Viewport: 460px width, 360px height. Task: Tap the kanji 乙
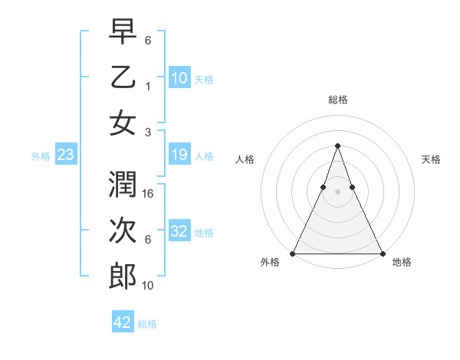(123, 77)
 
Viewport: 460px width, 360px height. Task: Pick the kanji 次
(123, 231)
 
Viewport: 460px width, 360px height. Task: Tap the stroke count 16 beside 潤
(149, 195)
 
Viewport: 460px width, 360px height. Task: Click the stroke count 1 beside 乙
(147, 85)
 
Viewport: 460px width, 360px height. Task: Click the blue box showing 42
(123, 323)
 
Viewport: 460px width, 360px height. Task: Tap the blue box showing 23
(65, 156)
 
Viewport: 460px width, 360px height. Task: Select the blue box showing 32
(179, 232)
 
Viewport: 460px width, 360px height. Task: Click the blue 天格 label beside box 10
(204, 80)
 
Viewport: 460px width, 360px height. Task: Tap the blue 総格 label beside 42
(147, 324)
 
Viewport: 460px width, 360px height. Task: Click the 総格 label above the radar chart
(337, 100)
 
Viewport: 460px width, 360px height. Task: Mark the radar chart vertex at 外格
(293, 254)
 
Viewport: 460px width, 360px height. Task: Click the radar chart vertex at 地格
(382, 254)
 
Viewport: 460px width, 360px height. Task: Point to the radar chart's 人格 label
(245, 159)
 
